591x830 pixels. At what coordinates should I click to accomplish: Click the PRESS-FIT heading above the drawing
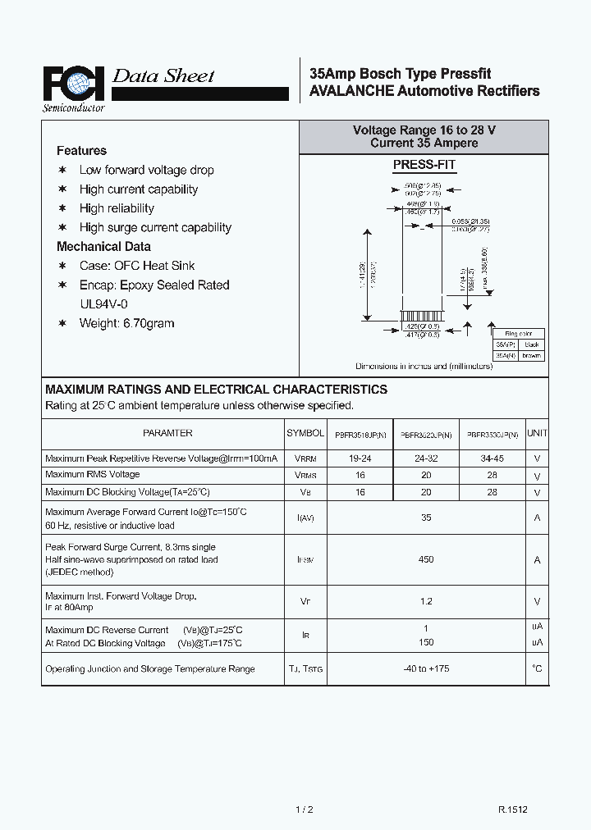tap(424, 164)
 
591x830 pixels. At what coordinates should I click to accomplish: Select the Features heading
tap(81, 151)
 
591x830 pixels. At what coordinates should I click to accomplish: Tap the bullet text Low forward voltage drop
tap(146, 170)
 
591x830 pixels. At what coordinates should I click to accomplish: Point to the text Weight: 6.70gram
tap(126, 323)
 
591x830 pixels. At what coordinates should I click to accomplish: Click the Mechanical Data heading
tap(103, 246)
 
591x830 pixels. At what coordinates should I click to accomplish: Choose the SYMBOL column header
tap(305, 433)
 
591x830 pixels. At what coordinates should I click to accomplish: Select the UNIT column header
tap(537, 433)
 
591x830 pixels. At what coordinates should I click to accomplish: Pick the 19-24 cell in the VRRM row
tap(360, 458)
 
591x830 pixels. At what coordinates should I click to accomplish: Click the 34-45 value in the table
tap(492, 458)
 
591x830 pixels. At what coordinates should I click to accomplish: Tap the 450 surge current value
tap(426, 559)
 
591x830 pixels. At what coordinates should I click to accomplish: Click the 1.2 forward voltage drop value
tap(426, 601)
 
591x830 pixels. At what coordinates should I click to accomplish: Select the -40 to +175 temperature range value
tap(426, 668)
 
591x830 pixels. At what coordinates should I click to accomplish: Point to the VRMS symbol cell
tap(305, 476)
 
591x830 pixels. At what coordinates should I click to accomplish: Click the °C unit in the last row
tap(537, 668)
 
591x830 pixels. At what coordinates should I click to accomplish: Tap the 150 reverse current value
tap(426, 642)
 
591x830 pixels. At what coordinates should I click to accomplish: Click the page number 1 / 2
tap(304, 809)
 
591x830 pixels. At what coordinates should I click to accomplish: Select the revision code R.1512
tap(512, 809)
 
